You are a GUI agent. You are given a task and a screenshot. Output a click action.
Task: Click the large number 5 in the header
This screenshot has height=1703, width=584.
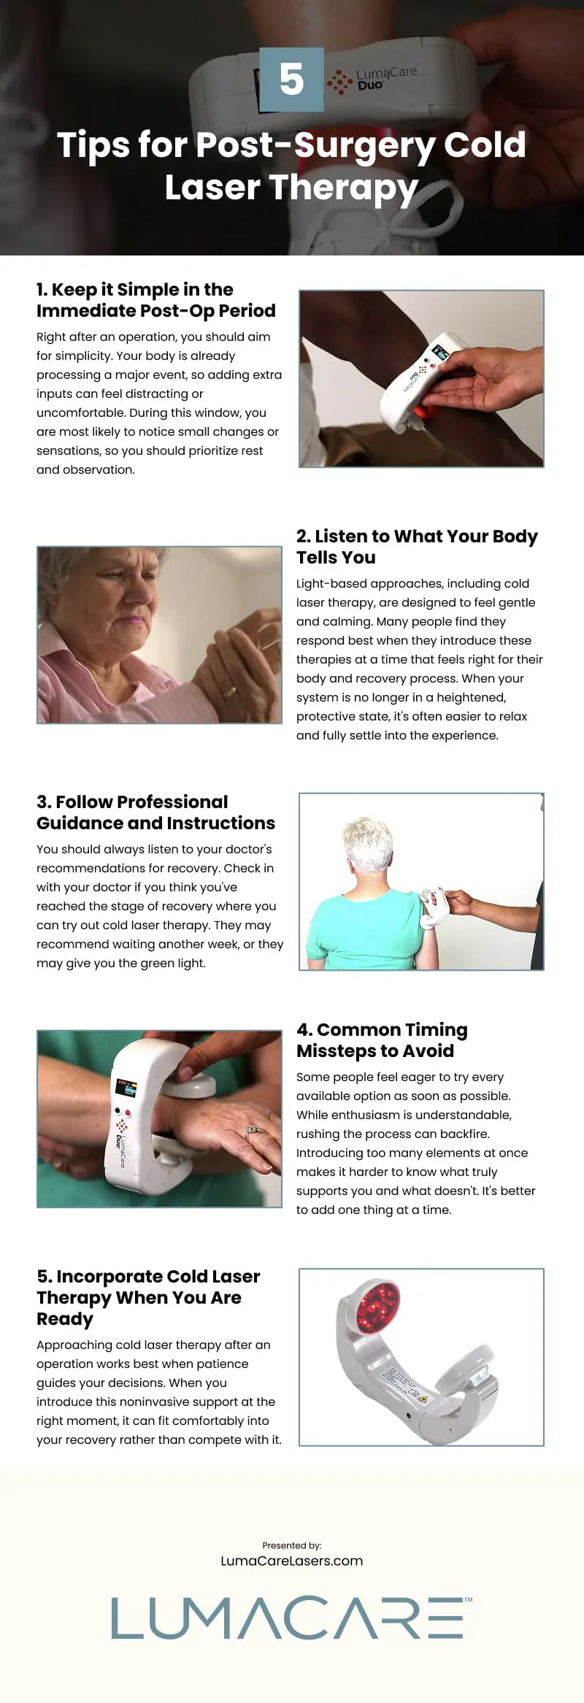pyautogui.click(x=291, y=79)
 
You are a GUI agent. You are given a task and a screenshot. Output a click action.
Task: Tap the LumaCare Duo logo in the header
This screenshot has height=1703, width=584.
pyautogui.click(x=372, y=79)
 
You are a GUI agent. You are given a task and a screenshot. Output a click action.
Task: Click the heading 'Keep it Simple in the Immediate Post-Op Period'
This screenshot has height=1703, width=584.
pyautogui.click(x=156, y=300)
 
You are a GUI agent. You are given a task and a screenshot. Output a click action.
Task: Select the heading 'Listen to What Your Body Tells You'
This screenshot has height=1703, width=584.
pyautogui.click(x=417, y=547)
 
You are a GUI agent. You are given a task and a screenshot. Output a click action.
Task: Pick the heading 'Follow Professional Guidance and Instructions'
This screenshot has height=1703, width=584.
pyautogui.click(x=155, y=812)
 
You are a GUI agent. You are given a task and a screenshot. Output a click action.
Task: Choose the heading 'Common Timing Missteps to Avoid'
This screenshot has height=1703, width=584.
pyautogui.click(x=382, y=1040)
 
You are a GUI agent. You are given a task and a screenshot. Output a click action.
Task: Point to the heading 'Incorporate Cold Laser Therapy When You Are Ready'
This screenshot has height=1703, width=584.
pyautogui.click(x=148, y=1297)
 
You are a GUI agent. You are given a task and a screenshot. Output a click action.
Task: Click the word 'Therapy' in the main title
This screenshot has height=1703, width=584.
pyautogui.click(x=343, y=188)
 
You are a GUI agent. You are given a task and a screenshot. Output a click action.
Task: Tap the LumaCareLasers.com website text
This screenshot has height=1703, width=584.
pyautogui.click(x=292, y=1561)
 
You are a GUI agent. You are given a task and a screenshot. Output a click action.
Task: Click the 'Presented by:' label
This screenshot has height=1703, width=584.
pyautogui.click(x=292, y=1545)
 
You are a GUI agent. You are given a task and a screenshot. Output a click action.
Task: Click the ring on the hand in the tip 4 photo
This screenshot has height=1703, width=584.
pyautogui.click(x=253, y=1132)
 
